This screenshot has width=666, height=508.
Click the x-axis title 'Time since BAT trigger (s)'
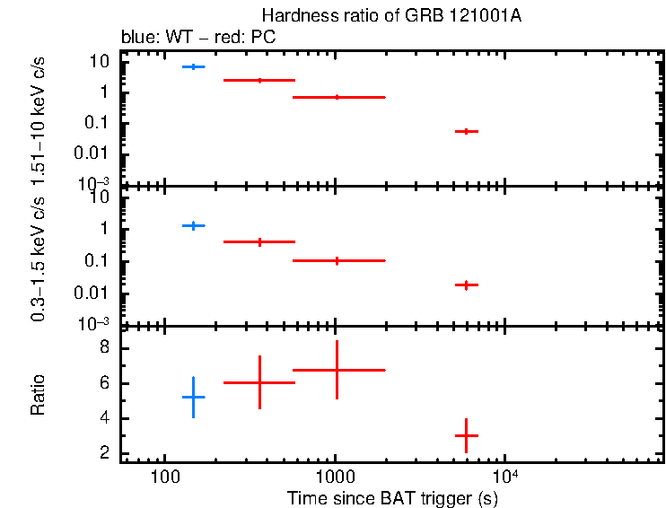click(x=391, y=496)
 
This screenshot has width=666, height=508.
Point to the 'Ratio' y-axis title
click(x=39, y=395)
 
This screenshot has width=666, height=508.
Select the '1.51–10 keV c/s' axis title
click(x=39, y=117)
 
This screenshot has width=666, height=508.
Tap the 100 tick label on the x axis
click(x=164, y=474)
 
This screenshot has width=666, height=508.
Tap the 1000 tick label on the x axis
click(x=335, y=474)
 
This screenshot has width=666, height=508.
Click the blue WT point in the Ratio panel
click(x=194, y=397)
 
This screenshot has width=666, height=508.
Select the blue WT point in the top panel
click(x=194, y=67)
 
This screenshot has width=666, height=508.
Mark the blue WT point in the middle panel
click(x=194, y=225)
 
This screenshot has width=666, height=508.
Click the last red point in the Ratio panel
click(x=466, y=435)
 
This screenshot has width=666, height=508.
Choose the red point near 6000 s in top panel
click(x=466, y=131)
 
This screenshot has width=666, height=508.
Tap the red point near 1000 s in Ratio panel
click(x=337, y=370)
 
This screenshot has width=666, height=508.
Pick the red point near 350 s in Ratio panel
click(x=259, y=382)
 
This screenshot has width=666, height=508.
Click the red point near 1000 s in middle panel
click(x=337, y=260)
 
